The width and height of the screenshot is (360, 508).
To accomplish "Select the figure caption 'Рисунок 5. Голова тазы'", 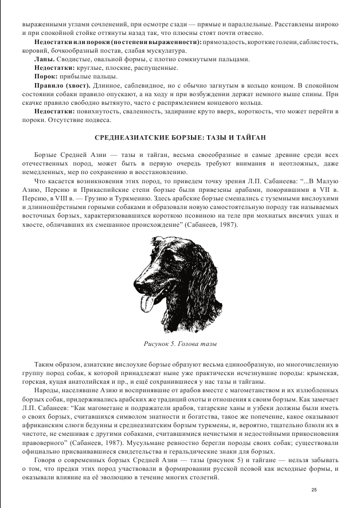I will (179, 344).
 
